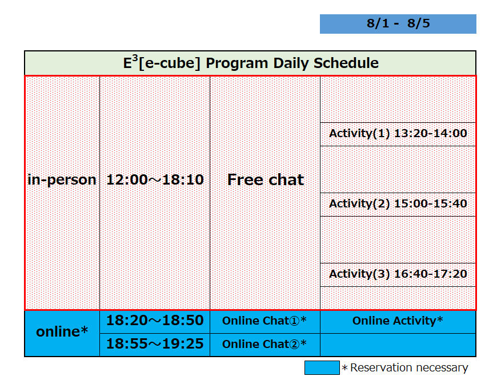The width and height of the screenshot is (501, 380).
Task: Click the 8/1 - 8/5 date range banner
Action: pos(398,23)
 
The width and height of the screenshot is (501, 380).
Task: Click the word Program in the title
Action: pos(237,63)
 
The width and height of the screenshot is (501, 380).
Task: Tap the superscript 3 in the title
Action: pos(135,58)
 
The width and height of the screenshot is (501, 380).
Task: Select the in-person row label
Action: pos(62,180)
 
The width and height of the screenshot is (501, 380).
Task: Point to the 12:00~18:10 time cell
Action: pos(155,179)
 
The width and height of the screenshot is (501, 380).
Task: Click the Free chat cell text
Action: pos(266,179)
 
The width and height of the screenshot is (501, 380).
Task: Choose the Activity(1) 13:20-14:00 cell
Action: pos(398,134)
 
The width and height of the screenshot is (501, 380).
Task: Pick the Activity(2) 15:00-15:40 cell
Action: pos(398,204)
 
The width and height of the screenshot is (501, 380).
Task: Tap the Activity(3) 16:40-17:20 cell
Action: pos(398,274)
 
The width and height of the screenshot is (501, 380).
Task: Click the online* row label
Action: pos(62,332)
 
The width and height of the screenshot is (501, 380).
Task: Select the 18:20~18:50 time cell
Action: pos(155,321)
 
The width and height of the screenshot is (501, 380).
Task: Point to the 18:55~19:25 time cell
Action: pos(155,344)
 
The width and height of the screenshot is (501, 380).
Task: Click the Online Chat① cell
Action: pos(264,321)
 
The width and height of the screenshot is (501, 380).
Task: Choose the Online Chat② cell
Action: pos(264,345)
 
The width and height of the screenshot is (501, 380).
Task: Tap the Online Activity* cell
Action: pos(398,321)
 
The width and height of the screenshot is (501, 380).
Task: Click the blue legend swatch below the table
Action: pos(322,368)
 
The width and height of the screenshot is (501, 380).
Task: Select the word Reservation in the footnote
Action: pos(382,368)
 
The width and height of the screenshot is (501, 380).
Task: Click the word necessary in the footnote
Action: pos(442,369)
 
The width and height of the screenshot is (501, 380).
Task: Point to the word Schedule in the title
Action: pos(346,63)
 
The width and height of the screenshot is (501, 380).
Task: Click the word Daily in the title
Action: pos(291,63)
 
